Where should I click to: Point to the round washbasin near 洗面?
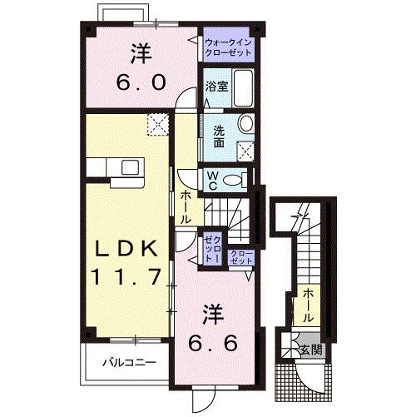245,124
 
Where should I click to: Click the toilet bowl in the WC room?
238,179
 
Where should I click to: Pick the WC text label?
212,179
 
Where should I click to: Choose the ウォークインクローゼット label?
226,44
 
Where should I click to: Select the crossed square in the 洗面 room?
245,151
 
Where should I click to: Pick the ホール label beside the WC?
184,206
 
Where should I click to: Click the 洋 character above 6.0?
141,52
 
